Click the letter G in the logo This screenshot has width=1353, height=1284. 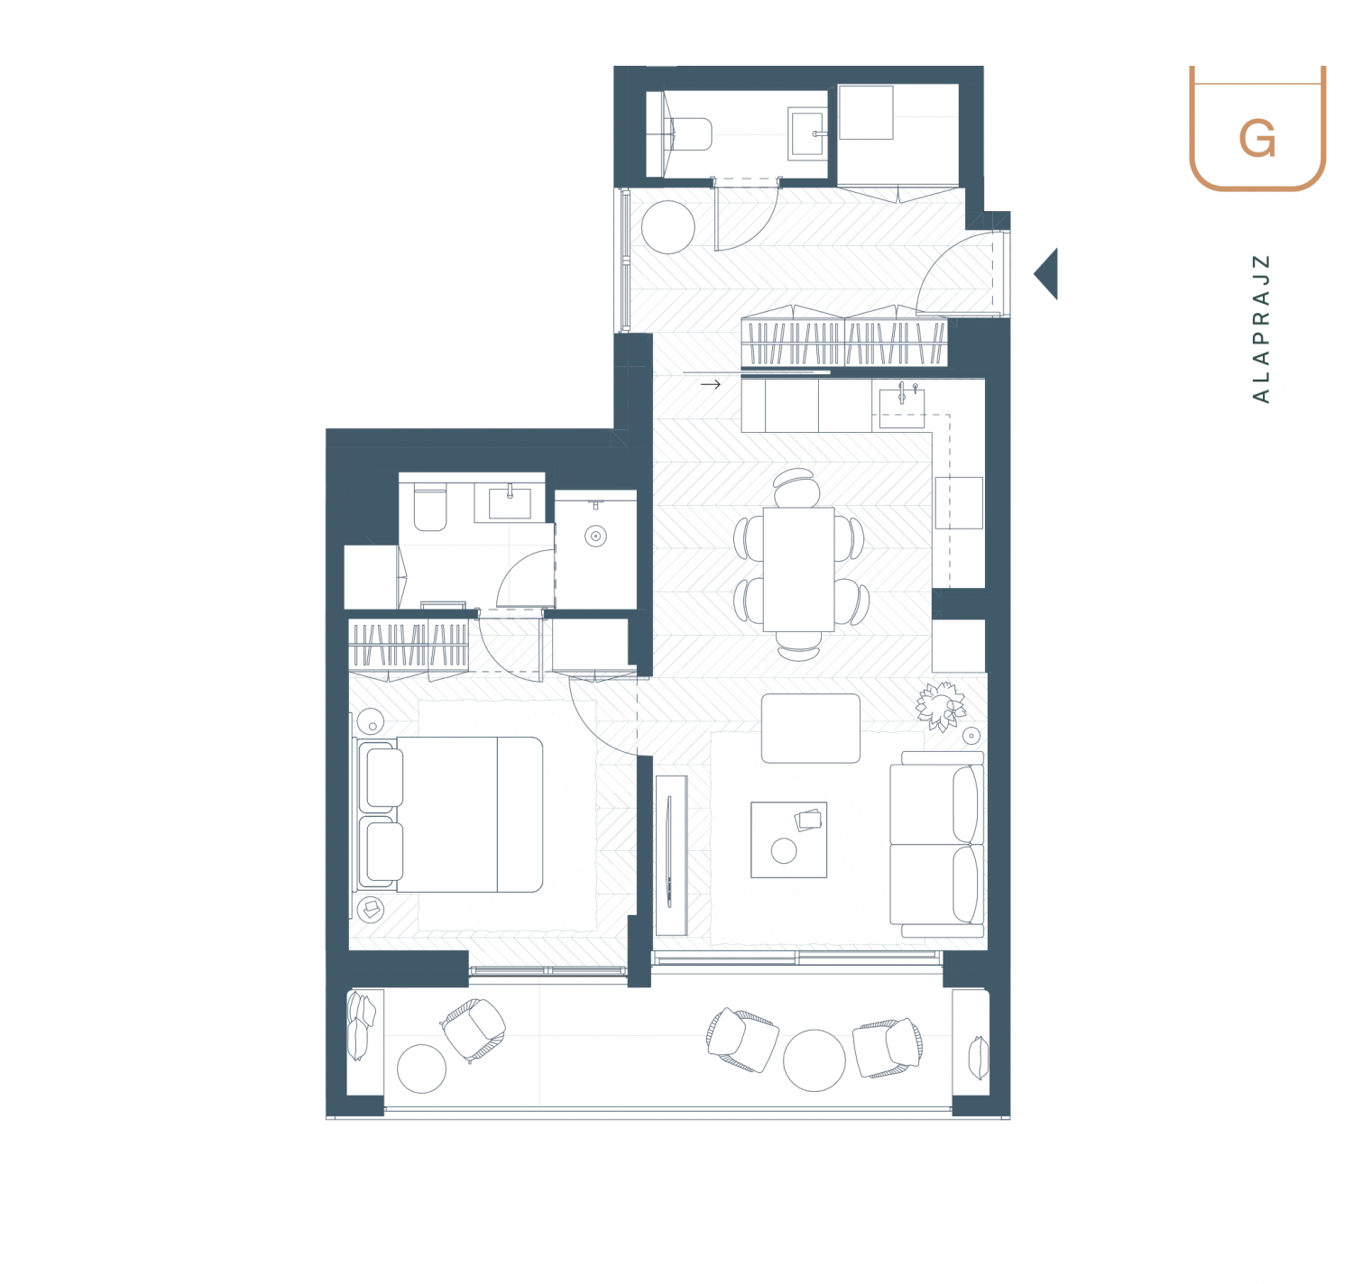(1256, 139)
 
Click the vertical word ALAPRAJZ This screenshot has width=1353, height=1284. (1260, 328)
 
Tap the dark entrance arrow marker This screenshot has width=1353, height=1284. (1045, 274)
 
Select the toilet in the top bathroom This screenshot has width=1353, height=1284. (687, 133)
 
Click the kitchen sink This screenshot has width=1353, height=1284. (901, 408)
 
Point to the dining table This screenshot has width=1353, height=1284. (798, 569)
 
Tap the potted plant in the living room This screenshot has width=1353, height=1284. (940, 706)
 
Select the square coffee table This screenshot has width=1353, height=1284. (788, 839)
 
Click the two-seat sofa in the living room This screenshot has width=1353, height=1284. (936, 844)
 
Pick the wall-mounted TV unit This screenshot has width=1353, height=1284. (671, 856)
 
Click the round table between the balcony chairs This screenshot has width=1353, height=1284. (815, 1060)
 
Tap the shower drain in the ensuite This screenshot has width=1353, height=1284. (595, 536)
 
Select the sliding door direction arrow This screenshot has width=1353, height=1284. (710, 384)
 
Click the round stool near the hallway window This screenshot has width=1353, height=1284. (667, 228)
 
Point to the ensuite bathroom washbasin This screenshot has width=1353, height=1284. (510, 503)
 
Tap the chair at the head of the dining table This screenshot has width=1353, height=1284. (797, 487)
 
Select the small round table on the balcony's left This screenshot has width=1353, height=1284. (422, 1068)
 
